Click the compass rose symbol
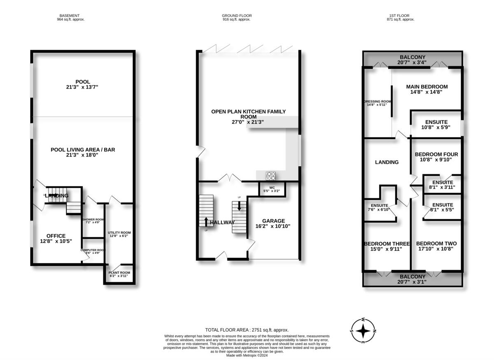point(363,330)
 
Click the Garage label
point(273,221)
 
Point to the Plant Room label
point(119,272)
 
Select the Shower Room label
point(93,219)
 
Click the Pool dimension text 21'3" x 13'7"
point(83,87)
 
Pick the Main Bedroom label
point(426,86)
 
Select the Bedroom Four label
point(436,154)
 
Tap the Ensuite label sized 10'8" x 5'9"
point(436,122)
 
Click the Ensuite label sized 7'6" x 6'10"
point(379,205)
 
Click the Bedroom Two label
point(436,244)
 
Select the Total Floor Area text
point(247,330)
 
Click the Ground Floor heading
point(236,16)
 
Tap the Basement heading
point(70,16)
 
